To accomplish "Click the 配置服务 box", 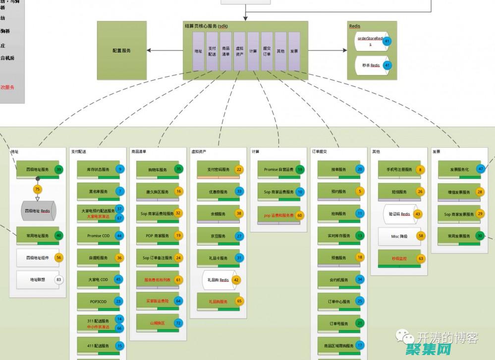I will (121, 50).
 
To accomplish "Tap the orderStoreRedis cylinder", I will (371, 41).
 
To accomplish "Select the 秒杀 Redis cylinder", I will (370, 65).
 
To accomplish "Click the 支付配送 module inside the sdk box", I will (212, 51).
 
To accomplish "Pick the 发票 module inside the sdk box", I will (294, 51).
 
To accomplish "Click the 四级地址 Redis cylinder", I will (38, 211).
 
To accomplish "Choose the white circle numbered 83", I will (59, 280).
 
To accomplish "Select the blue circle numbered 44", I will (119, 236).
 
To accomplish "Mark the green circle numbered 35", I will (179, 169).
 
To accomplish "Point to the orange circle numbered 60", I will (300, 216).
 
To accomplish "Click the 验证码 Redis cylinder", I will (399, 214).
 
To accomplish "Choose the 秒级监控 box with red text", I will (399, 258).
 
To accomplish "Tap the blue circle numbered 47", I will (480, 169).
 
